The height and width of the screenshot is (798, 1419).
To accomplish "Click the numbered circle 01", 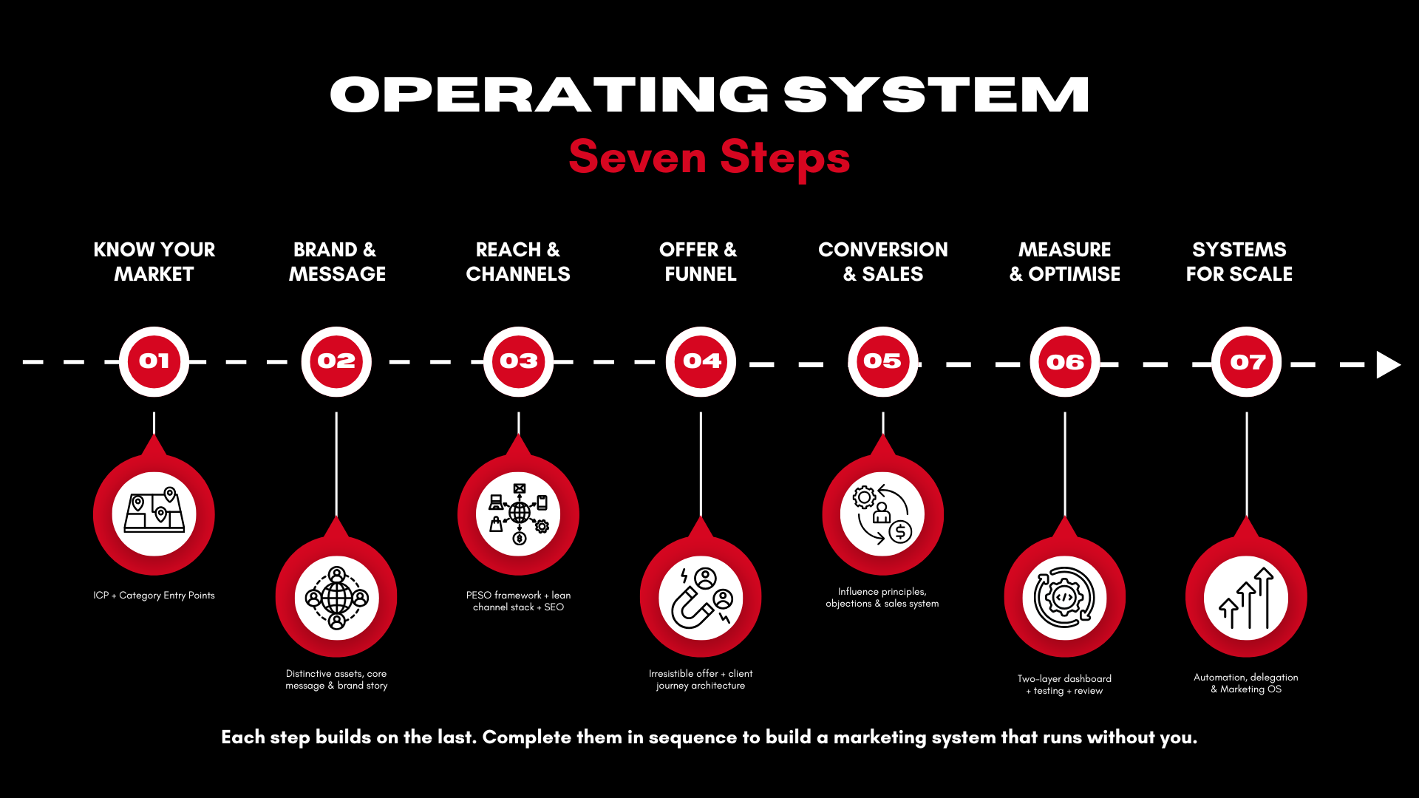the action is (x=154, y=361).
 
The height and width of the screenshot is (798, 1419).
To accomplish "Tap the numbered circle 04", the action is (x=701, y=361).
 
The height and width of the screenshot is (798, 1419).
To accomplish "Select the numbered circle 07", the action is (x=1247, y=362).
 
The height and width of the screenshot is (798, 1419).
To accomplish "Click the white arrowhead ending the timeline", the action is (x=1387, y=364).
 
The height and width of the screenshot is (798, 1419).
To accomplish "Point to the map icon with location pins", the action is (x=154, y=512).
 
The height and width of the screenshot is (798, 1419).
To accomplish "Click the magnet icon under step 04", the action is (x=701, y=597).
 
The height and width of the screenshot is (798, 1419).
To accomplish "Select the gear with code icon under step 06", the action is (x=1064, y=597).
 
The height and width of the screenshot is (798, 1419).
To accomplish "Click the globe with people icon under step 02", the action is (x=336, y=597).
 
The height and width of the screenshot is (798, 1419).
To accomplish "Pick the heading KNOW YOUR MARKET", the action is (x=154, y=262).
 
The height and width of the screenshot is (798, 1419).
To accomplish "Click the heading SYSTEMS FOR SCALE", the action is (x=1239, y=262).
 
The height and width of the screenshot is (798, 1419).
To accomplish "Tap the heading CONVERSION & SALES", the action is (x=883, y=262).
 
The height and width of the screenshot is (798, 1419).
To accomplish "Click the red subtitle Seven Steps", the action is (x=709, y=157).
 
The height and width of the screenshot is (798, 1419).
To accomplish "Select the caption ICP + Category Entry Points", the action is (x=154, y=596).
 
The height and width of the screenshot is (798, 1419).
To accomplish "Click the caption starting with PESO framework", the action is (x=518, y=601).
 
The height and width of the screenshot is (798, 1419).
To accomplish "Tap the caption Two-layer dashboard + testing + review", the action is (x=1064, y=684).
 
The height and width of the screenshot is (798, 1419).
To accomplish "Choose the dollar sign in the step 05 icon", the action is (x=900, y=531).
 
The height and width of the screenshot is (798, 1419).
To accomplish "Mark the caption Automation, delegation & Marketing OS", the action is (x=1246, y=683).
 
